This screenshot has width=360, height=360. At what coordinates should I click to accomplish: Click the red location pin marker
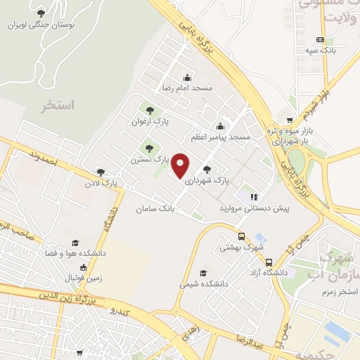tap(181, 166)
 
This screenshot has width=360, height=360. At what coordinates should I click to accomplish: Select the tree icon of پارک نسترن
tap(148, 148)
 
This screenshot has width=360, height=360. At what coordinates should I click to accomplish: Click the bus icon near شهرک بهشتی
tap(241, 237)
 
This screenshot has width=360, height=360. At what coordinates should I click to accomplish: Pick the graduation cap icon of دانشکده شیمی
tap(204, 273)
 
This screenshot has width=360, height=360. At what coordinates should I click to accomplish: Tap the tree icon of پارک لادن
tap(101, 172)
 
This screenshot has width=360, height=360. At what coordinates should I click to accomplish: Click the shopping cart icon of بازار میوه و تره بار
tap(291, 120)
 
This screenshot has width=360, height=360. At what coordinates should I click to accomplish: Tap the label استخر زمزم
tap(337, 291)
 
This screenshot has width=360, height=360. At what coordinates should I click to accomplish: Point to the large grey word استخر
tap(58, 106)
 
